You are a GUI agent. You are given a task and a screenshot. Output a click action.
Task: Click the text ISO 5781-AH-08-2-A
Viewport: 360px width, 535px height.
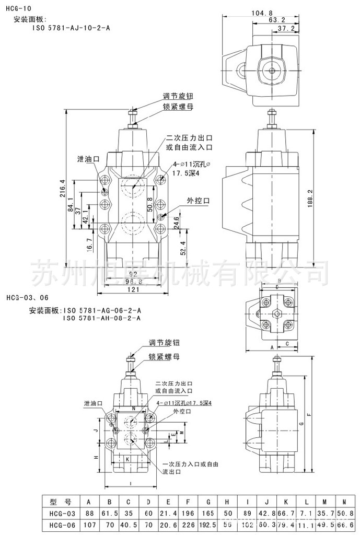102,318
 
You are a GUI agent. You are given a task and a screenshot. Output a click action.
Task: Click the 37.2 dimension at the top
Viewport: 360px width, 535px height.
286,28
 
